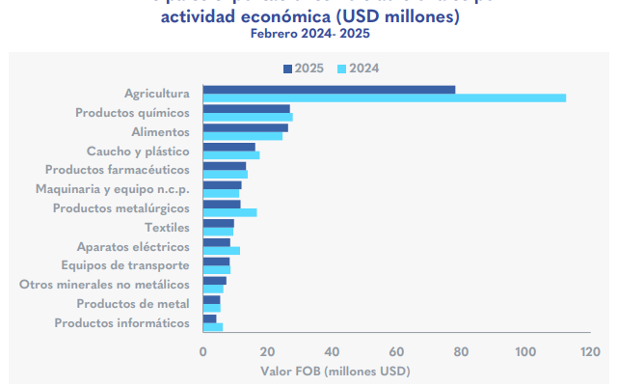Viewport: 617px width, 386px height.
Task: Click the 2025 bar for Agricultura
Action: pyautogui.click(x=329, y=90)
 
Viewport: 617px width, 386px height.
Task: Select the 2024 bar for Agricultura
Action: pyautogui.click(x=384, y=97)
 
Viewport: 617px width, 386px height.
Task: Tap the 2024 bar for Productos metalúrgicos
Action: pyautogui.click(x=229, y=212)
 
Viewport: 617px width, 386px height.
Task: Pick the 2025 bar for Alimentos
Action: pyautogui.click(x=245, y=127)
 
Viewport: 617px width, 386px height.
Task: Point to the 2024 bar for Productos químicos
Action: pyautogui.click(x=247, y=117)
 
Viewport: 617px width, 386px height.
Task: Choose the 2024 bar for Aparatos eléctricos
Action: pyautogui.click(x=221, y=250)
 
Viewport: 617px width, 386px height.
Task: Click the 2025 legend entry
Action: pyautogui.click(x=304, y=68)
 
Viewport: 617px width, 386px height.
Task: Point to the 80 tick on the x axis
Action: pyautogui.click(x=461, y=351)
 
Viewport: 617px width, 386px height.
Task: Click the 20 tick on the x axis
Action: pyautogui.click(x=267, y=351)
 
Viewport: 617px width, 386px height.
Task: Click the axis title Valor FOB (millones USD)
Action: pyautogui.click(x=335, y=371)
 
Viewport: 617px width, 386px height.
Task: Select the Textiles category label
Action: pyautogui.click(x=167, y=228)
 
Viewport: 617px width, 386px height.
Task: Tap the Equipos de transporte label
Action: pyautogui.click(x=124, y=265)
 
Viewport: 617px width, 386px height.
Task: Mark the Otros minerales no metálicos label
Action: pyautogui.click(x=104, y=285)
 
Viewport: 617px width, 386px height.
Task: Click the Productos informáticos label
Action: pyautogui.click(x=121, y=322)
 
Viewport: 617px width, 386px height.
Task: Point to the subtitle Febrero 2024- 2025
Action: pyautogui.click(x=309, y=34)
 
